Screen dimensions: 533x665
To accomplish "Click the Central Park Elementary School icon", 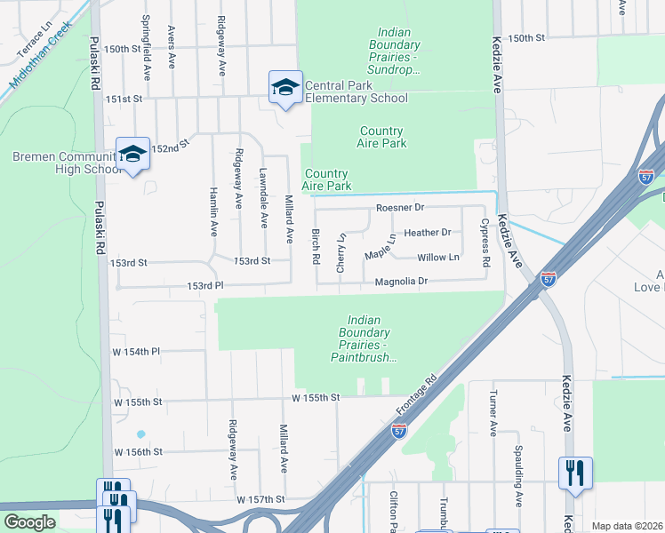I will tap(285, 86).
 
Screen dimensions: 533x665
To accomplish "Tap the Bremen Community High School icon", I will tap(132, 154).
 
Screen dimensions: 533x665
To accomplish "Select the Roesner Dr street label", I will tap(401, 207).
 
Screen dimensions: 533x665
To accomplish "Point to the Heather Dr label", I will tap(428, 233).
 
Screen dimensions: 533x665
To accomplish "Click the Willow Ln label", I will tap(438, 258).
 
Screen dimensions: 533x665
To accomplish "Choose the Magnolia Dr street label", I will tap(401, 281).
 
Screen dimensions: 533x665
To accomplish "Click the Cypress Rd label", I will tap(485, 243).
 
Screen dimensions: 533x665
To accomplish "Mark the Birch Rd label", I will tap(316, 245).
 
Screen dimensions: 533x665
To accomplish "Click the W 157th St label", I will tap(260, 499).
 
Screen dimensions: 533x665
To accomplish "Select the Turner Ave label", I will tap(493, 415).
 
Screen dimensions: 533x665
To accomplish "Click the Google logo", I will tap(29, 522).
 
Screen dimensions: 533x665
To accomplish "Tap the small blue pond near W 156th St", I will tap(140, 434).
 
